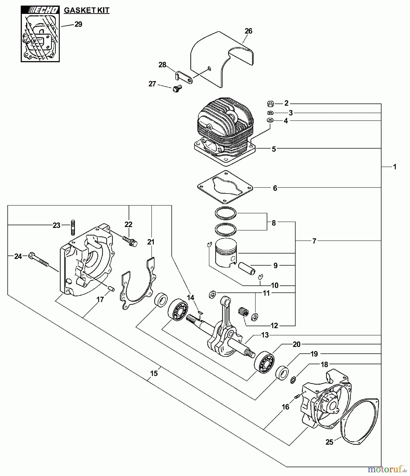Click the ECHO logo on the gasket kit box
[40, 10]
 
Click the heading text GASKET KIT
[87, 10]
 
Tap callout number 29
[78, 24]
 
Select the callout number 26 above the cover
[248, 31]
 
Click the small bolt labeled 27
[177, 88]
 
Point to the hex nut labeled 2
[270, 103]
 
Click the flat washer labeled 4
[270, 120]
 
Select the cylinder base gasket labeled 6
[225, 187]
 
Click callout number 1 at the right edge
[394, 167]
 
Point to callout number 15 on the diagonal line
[154, 373]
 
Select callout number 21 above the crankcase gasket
[151, 242]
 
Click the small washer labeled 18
[293, 380]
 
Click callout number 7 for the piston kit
[314, 241]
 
